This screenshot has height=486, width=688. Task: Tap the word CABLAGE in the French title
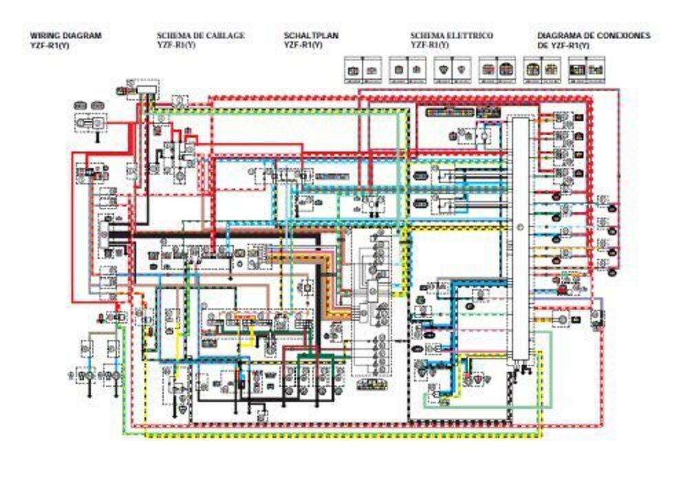222,35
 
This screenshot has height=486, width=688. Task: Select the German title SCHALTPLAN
311,35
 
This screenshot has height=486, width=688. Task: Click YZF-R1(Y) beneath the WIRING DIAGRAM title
50,45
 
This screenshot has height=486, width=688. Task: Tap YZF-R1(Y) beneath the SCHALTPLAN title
303,45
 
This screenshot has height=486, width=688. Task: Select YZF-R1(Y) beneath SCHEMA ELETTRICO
430,45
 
